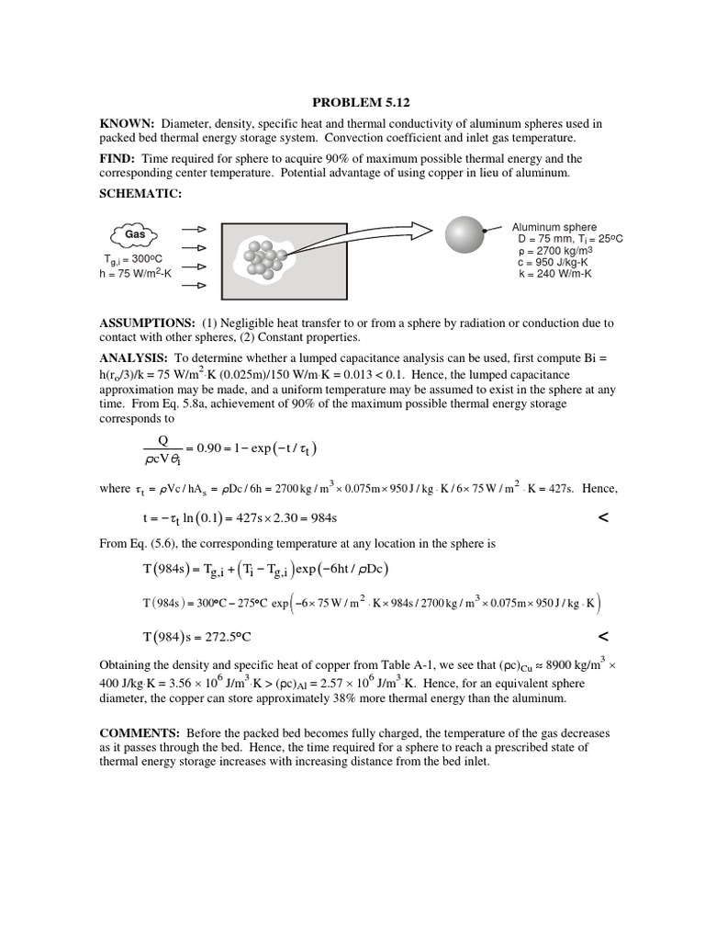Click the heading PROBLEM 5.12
[352, 104]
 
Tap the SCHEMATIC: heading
[142, 195]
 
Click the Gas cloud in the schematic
[135, 234]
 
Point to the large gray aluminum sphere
[464, 233]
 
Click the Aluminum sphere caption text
[554, 227]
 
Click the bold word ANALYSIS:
[133, 357]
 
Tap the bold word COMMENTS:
[141, 733]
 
